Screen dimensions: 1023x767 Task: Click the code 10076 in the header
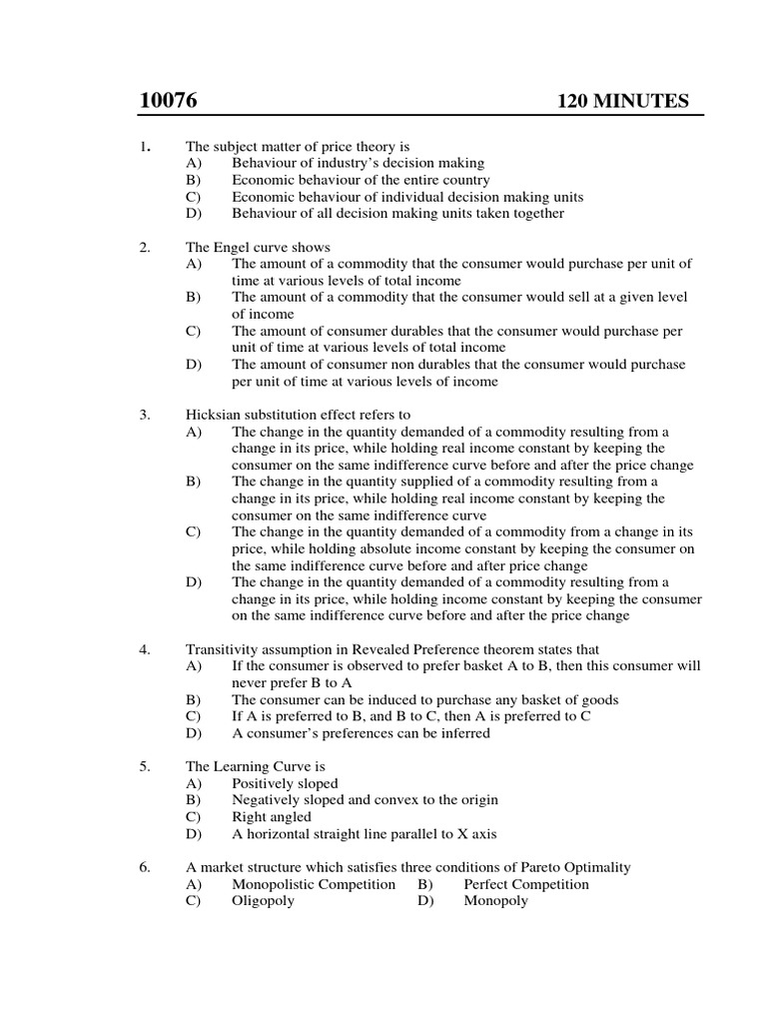click(169, 101)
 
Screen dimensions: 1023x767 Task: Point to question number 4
click(144, 649)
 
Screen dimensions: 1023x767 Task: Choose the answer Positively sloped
click(285, 783)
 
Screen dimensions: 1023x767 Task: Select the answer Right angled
click(272, 816)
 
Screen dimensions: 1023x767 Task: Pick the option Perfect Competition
click(526, 884)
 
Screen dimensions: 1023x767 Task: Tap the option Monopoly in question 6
click(495, 900)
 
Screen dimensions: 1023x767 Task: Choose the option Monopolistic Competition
click(314, 884)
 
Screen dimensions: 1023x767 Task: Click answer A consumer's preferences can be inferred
click(361, 732)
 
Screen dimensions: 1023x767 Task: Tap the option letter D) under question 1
click(193, 213)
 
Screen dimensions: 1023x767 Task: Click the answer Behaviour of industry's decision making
click(358, 163)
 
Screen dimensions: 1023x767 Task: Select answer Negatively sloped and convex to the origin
click(365, 799)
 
